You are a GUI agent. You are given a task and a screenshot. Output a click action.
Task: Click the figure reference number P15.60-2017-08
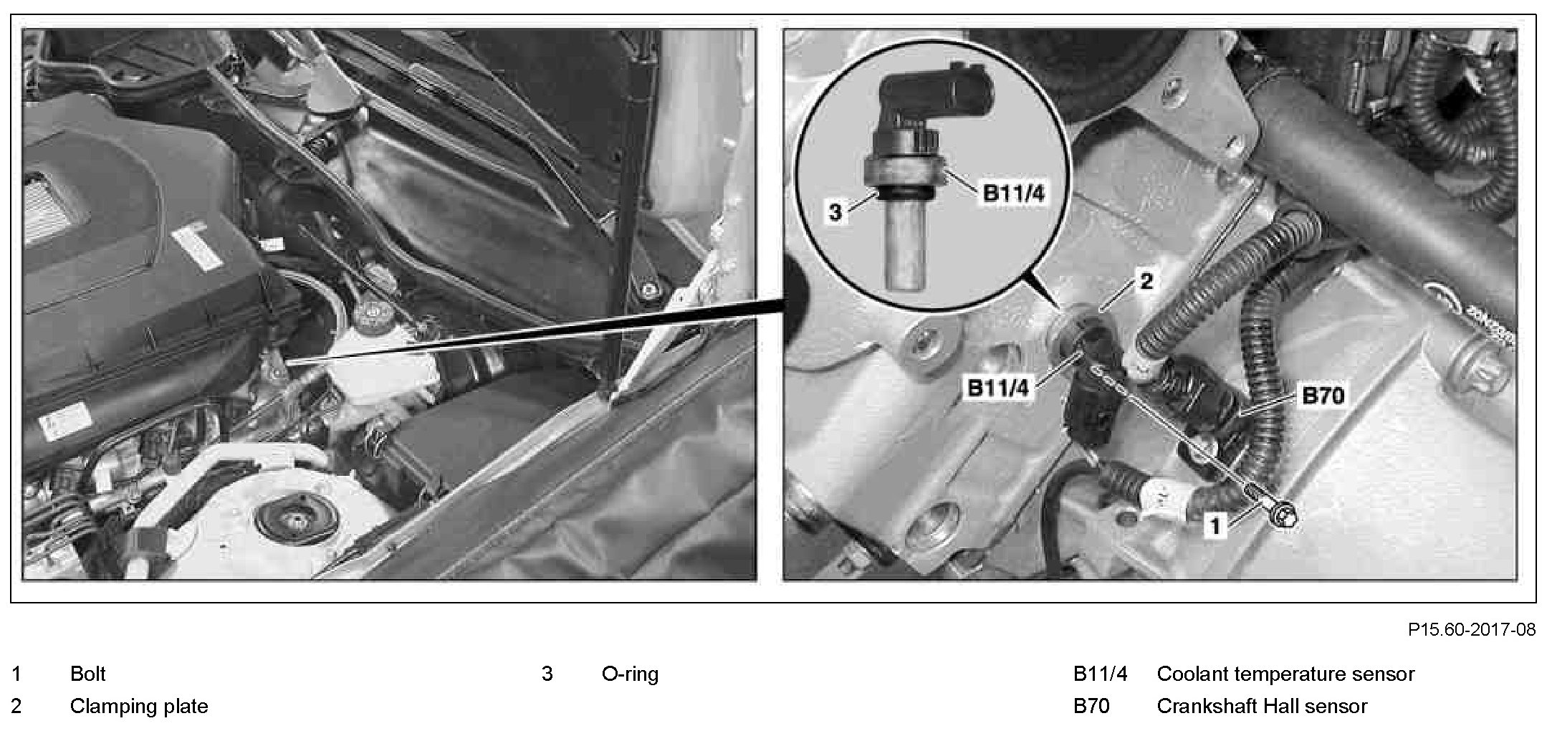click(x=1472, y=629)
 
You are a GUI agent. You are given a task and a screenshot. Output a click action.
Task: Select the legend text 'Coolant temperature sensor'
click(x=1285, y=674)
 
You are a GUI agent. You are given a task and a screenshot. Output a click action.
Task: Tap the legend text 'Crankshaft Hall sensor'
click(x=1262, y=707)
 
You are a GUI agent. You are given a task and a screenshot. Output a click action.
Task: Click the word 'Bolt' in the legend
click(x=87, y=674)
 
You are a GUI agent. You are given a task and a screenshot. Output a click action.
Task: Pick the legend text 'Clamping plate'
click(x=139, y=707)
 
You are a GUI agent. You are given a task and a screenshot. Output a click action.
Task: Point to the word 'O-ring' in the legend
click(x=630, y=674)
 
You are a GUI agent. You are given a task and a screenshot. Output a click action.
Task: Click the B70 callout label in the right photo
click(x=1323, y=396)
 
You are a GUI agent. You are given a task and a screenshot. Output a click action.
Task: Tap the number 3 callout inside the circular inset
click(x=835, y=213)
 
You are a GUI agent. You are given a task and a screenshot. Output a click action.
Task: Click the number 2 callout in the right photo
click(x=1146, y=282)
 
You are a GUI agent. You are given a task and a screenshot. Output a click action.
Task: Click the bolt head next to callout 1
click(x=1285, y=517)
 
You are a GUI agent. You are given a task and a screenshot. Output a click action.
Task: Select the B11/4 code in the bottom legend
click(x=1100, y=674)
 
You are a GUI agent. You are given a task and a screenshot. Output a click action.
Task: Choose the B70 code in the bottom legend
click(x=1091, y=707)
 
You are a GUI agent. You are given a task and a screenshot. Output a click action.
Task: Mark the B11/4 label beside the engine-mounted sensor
click(x=1000, y=388)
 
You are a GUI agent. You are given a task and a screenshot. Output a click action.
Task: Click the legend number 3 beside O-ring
click(x=547, y=674)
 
